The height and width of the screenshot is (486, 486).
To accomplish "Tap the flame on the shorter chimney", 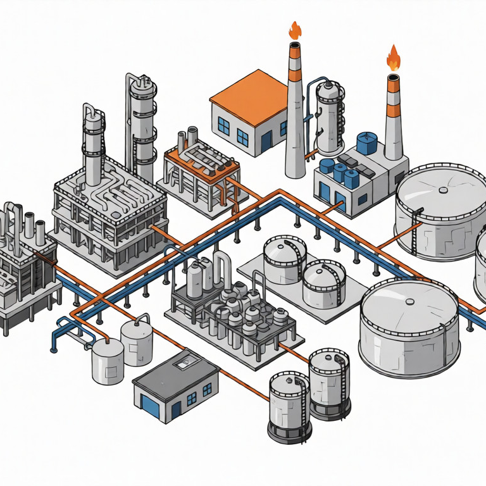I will [x=394, y=58].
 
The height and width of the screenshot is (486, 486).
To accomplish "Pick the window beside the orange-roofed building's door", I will [x=242, y=135].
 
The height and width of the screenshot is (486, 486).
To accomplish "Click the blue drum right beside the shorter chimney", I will [x=366, y=142].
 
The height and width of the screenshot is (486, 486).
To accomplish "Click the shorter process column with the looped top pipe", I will [x=93, y=142].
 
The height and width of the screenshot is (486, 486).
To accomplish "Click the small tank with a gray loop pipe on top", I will [x=108, y=361].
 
